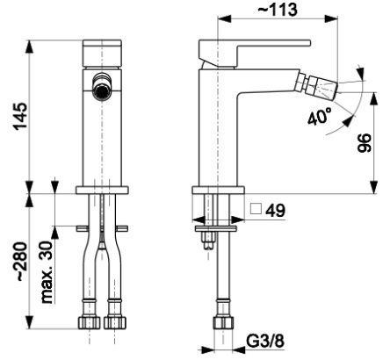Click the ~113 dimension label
point(277,10)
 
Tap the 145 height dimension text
point(21,116)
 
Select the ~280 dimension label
point(21,262)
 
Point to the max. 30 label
point(47,272)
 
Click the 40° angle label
point(320,116)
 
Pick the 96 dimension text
point(365,142)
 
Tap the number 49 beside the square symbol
point(275,211)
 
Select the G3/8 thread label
point(265,341)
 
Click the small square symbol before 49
point(256,209)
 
